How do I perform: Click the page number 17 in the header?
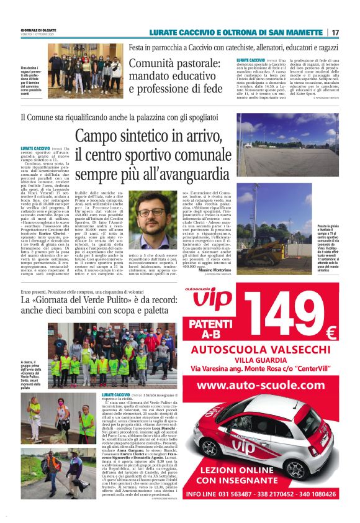click(x=335, y=32)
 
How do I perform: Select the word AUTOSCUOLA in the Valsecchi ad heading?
click(x=226, y=350)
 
